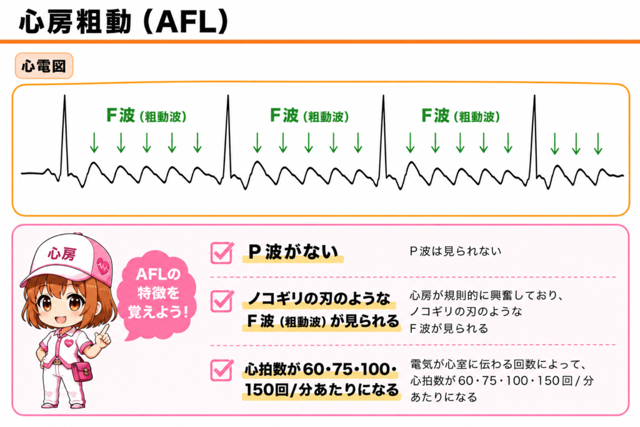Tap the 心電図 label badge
[x=44, y=66]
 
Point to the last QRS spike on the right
[x=534, y=137]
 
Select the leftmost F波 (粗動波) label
[x=146, y=116]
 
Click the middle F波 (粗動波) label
[x=309, y=116]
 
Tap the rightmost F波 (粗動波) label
[x=461, y=116]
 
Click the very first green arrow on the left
[x=94, y=143]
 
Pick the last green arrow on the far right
[x=598, y=144]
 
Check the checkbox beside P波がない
[x=222, y=253]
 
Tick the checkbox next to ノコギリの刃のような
[x=222, y=301]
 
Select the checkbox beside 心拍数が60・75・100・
[x=222, y=370]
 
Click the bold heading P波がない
[x=293, y=252]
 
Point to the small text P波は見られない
[x=455, y=251]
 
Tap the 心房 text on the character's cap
[x=62, y=253]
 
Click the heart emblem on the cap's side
[x=103, y=266]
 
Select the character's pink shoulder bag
[x=82, y=371]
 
